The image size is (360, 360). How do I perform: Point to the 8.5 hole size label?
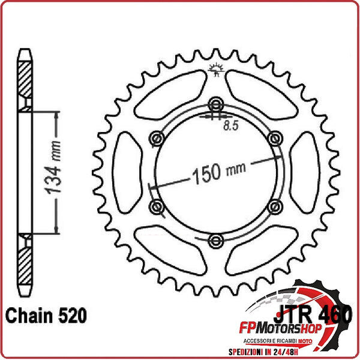coord(231,126)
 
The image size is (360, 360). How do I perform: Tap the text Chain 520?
coord(46,315)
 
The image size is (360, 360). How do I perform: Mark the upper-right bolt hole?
coord(275,138)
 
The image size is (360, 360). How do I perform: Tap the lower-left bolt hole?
coord(157,207)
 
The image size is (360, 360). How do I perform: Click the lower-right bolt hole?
coord(275,207)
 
